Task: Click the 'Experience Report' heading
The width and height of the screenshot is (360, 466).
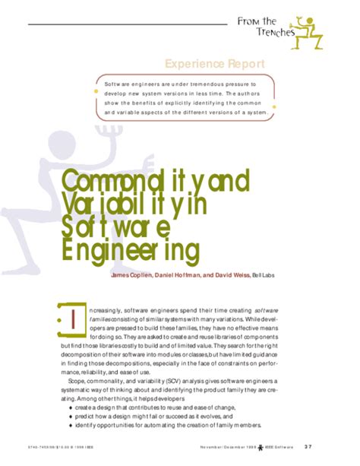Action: click(214, 63)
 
